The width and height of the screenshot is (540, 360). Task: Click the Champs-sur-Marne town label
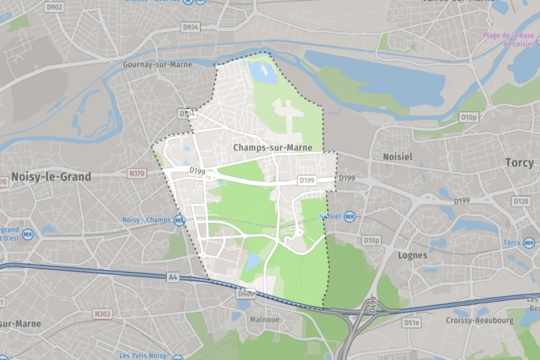point(273,148)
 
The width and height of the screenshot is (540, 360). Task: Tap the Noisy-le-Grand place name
point(51,177)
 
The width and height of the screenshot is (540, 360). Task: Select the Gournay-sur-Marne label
point(157,64)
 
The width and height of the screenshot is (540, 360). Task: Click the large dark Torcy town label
point(519,163)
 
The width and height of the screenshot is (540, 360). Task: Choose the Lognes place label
point(413,255)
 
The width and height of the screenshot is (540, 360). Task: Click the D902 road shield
point(54,7)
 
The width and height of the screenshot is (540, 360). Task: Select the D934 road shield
point(190,27)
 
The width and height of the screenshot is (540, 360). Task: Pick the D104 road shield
point(187,113)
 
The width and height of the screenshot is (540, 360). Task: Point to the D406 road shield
point(246,294)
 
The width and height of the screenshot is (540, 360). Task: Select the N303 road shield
point(103,314)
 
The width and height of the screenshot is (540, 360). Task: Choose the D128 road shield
point(520,201)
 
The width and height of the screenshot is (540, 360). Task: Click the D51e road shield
point(411,323)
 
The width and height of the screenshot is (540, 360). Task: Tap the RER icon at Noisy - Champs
point(179,220)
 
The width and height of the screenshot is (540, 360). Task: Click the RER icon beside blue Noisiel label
point(349,216)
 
